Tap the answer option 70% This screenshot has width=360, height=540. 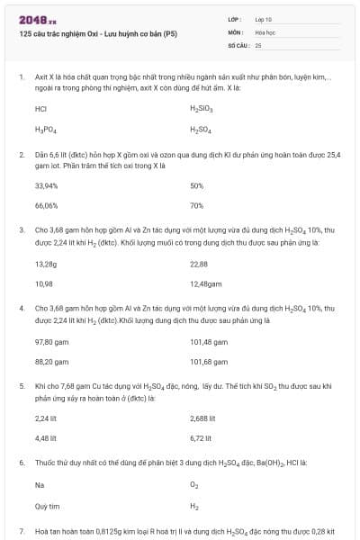197,206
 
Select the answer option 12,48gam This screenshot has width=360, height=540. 206,283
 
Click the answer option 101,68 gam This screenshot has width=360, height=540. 209,362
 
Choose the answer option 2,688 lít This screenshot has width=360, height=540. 202,418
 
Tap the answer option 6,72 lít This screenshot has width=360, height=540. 200,438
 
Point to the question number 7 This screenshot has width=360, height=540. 21,532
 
